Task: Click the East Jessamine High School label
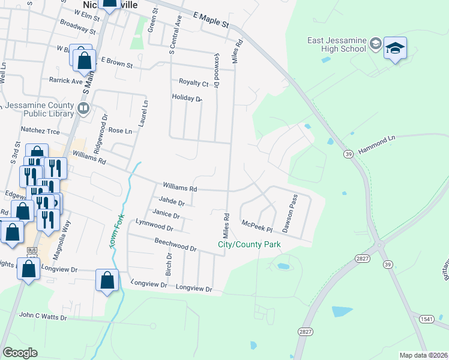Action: [336, 44]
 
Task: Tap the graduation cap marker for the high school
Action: [396, 49]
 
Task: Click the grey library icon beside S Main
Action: [83, 109]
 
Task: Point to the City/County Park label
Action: [249, 245]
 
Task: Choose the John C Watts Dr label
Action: [43, 316]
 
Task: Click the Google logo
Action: [20, 353]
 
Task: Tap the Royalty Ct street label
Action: [193, 83]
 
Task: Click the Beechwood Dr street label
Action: [175, 244]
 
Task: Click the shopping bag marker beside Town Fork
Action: [107, 280]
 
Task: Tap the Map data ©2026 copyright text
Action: [423, 355]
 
